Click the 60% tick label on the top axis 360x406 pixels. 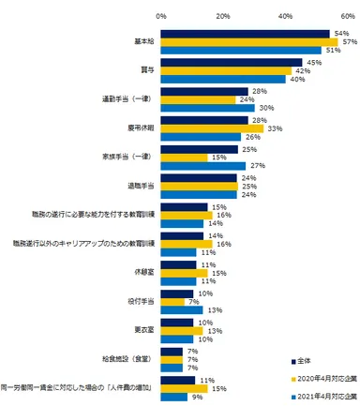pyautogui.click(x=347, y=16)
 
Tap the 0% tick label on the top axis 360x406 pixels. pyautogui.click(x=162, y=16)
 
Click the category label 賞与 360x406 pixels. pyautogui.click(x=145, y=70)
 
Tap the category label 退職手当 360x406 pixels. pyautogui.click(x=141, y=187)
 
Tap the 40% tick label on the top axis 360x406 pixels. pyautogui.click(x=285, y=16)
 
